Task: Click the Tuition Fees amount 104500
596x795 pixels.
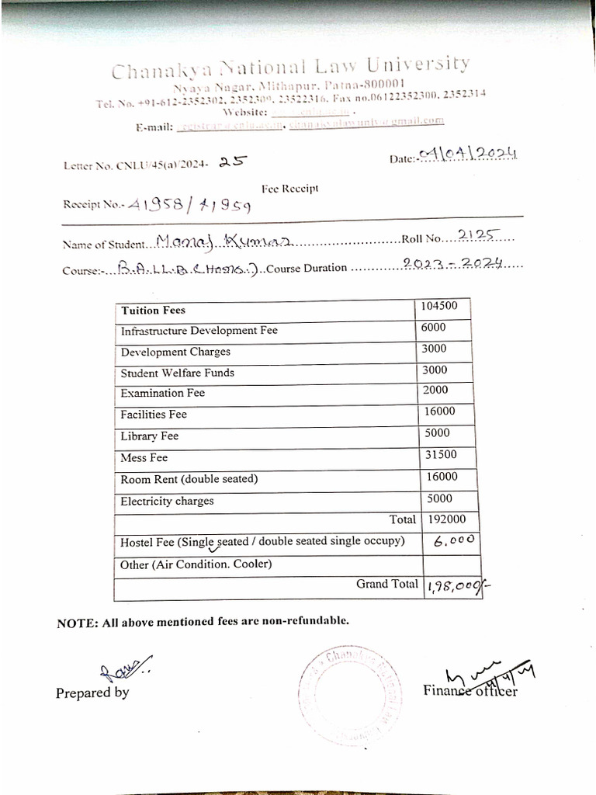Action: [x=439, y=306]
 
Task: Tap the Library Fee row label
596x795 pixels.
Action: [x=149, y=436]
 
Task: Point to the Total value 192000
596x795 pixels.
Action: [x=447, y=519]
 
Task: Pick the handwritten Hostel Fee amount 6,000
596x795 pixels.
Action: [x=454, y=543]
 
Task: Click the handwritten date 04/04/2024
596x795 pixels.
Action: [x=467, y=155]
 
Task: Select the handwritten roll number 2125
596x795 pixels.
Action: [x=480, y=235]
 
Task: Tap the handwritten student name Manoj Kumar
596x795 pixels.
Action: [x=223, y=242]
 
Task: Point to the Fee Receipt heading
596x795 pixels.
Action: [x=289, y=188]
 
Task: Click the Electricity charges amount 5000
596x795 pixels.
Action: [x=439, y=498]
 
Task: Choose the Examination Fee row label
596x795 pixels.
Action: [x=162, y=393]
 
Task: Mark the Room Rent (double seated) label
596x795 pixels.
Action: [x=189, y=479]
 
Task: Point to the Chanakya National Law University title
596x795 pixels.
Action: [x=290, y=68]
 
